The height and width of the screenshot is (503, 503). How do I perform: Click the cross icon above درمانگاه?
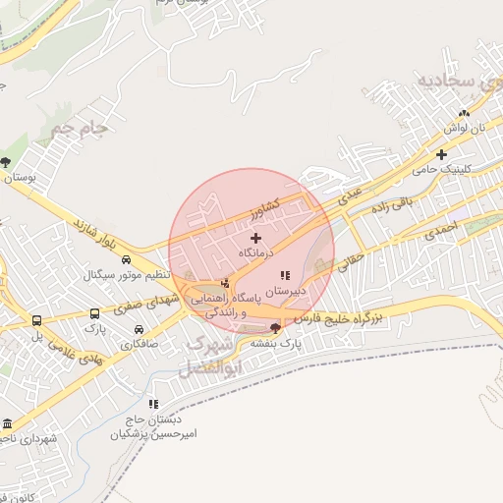click(x=256, y=238)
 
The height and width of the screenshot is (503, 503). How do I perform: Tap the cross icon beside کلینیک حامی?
click(x=442, y=154)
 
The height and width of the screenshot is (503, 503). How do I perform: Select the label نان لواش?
click(x=464, y=130)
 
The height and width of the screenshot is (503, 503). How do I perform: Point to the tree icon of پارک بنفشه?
click(x=275, y=327)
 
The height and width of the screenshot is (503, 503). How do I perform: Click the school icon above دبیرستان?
click(x=285, y=276)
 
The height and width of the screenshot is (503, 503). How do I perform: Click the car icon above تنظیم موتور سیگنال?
click(x=126, y=258)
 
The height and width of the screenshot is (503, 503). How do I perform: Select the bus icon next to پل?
click(x=37, y=320)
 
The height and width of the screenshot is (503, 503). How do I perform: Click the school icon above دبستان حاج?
click(x=152, y=404)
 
